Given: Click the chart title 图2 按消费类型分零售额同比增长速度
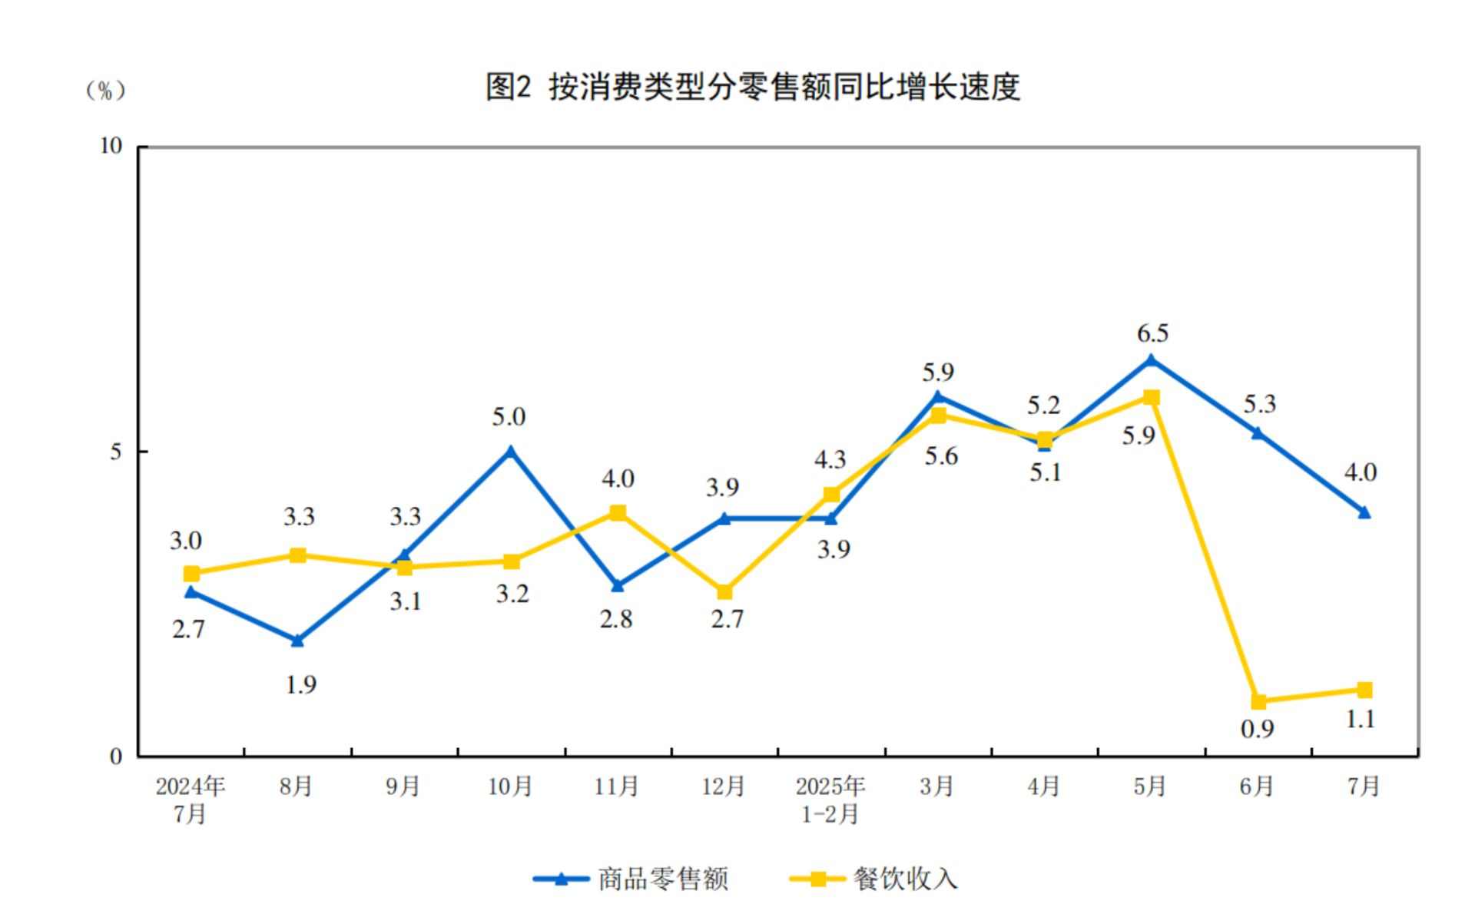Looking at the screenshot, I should (752, 87).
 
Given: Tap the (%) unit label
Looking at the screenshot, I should (105, 91).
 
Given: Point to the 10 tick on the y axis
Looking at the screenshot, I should (111, 146).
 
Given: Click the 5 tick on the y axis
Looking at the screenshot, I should (116, 452).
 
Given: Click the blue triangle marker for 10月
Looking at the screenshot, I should (510, 452).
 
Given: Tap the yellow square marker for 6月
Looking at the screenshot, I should (1258, 701).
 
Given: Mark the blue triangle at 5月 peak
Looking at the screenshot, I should (1151, 359).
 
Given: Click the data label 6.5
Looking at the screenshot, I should (1152, 333).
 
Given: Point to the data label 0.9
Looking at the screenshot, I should (1258, 729).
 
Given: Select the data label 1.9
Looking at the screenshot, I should (300, 684).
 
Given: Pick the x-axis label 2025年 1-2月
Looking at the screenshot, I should (830, 800).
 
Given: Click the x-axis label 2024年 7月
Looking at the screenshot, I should (191, 800).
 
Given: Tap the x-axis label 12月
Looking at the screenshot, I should (724, 786).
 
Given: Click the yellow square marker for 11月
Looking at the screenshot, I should (618, 512).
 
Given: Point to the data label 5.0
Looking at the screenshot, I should (509, 417).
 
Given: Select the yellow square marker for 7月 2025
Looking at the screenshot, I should (1364, 690).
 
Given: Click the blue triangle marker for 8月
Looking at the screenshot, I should (298, 641).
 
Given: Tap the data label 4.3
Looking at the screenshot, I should (830, 460).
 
